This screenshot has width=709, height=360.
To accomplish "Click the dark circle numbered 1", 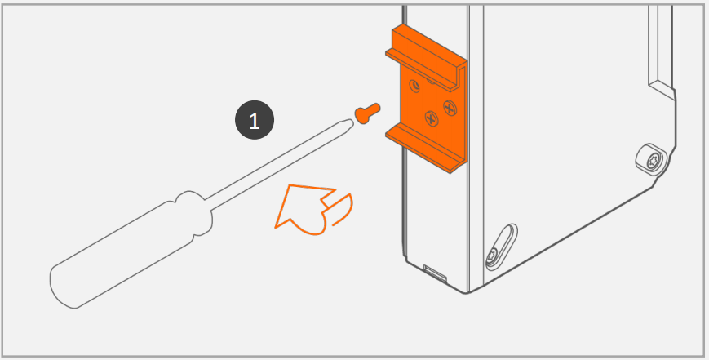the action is point(255,120).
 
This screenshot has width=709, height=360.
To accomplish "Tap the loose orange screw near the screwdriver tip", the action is point(366,113).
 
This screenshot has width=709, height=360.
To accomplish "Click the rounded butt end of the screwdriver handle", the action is point(61,287).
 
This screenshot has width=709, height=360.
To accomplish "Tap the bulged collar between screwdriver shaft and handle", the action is point(193,212).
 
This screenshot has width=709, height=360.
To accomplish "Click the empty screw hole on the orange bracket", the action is point(414,85).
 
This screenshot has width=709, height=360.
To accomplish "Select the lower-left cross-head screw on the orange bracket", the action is point(432,119).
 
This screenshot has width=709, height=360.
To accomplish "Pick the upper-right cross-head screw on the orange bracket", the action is point(450,108).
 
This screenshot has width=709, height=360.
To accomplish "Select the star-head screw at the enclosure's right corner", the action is point(653,160).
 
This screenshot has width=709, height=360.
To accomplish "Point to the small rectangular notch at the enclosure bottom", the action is point(435,273).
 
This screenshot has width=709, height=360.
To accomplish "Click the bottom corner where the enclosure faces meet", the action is point(467,293).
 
